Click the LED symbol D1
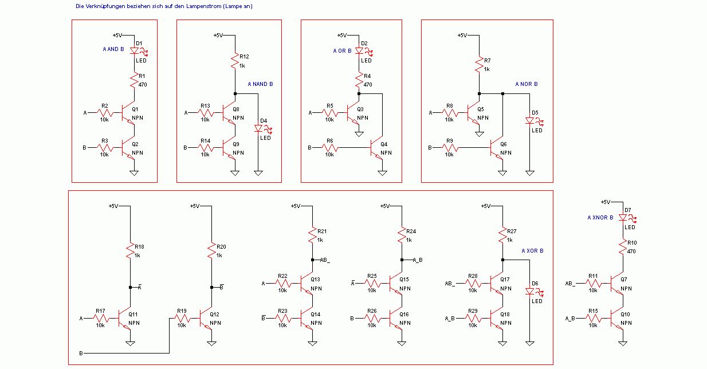(135, 50)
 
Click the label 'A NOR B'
(527, 84)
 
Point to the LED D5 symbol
(529, 121)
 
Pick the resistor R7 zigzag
(479, 65)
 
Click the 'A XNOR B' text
(600, 218)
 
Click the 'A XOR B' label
(532, 251)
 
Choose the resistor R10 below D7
(623, 246)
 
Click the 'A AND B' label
(113, 49)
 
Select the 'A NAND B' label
(261, 84)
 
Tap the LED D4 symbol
(258, 129)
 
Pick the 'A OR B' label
(342, 50)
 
